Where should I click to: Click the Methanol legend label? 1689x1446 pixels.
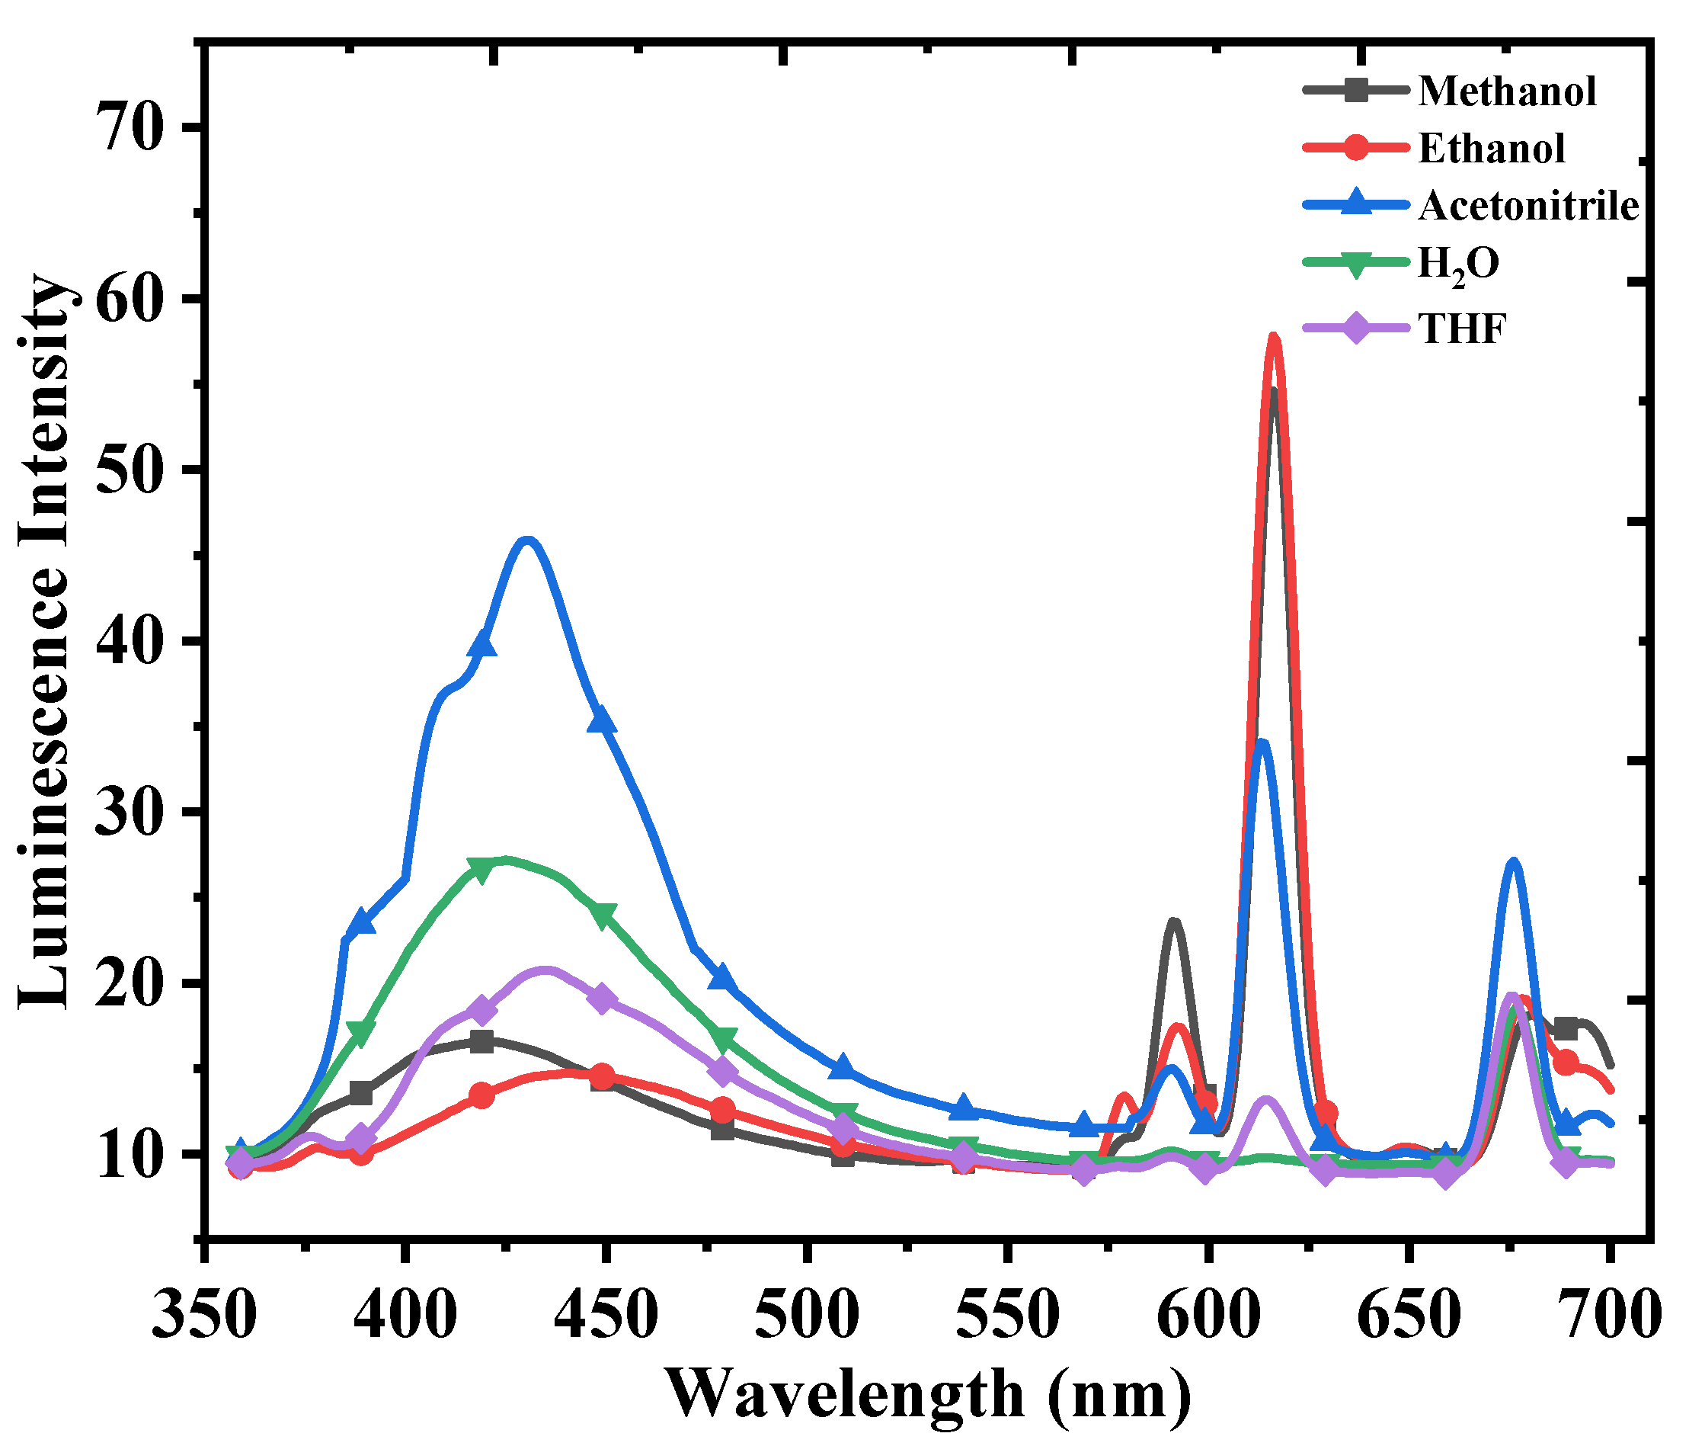coord(1506,91)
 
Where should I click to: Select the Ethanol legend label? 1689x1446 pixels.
coord(1491,149)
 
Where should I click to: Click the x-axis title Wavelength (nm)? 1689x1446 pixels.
coord(929,1394)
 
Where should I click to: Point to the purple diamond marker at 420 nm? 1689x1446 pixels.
coord(481,1010)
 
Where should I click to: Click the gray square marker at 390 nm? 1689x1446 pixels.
coord(361,1093)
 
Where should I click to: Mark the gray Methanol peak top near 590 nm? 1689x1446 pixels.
coord(1174,923)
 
